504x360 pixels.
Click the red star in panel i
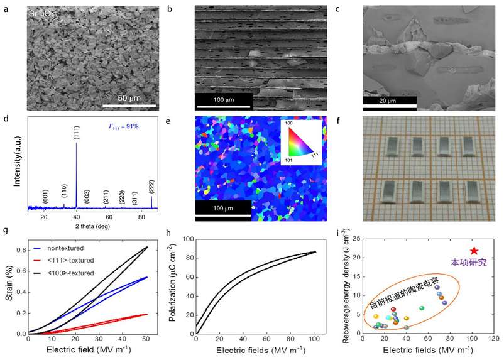point(474,251)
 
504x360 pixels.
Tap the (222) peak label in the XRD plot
point(151,186)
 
